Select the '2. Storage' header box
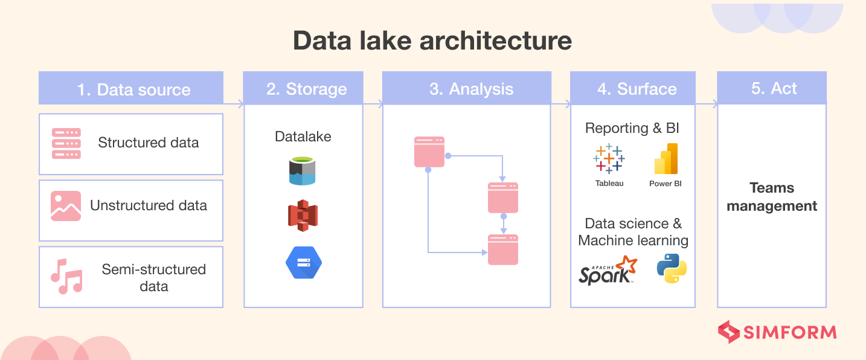(x=303, y=88)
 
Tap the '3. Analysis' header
(x=466, y=88)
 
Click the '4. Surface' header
(x=633, y=88)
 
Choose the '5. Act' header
(x=771, y=88)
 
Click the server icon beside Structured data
(x=66, y=143)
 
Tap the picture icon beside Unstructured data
(x=66, y=206)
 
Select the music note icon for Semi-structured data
(x=66, y=277)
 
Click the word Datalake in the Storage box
(x=303, y=137)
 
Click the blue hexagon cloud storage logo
(x=303, y=263)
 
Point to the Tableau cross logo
(x=609, y=159)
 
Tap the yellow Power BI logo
(x=666, y=159)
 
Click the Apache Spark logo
(x=608, y=271)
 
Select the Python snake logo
(x=672, y=268)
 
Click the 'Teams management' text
(x=771, y=197)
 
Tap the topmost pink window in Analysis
(x=429, y=152)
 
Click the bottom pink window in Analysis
(x=502, y=249)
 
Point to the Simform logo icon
(x=728, y=332)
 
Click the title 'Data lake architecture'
(x=432, y=41)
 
